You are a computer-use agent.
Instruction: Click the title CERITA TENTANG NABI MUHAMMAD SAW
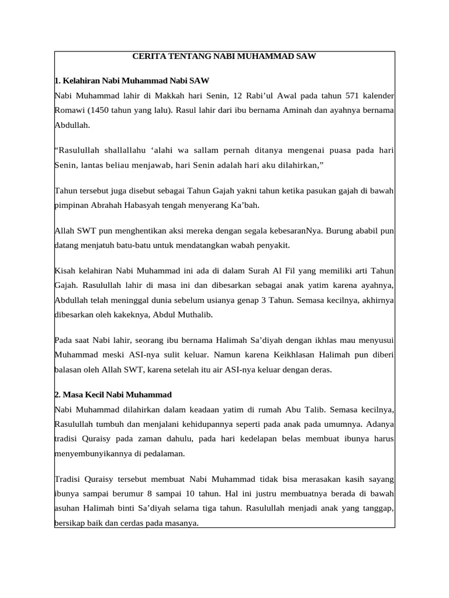(x=224, y=57)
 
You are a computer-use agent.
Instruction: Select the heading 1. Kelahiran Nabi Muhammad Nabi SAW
(x=132, y=80)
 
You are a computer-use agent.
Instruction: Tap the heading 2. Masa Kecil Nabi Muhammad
(x=113, y=394)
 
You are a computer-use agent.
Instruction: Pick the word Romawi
(x=69, y=110)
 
